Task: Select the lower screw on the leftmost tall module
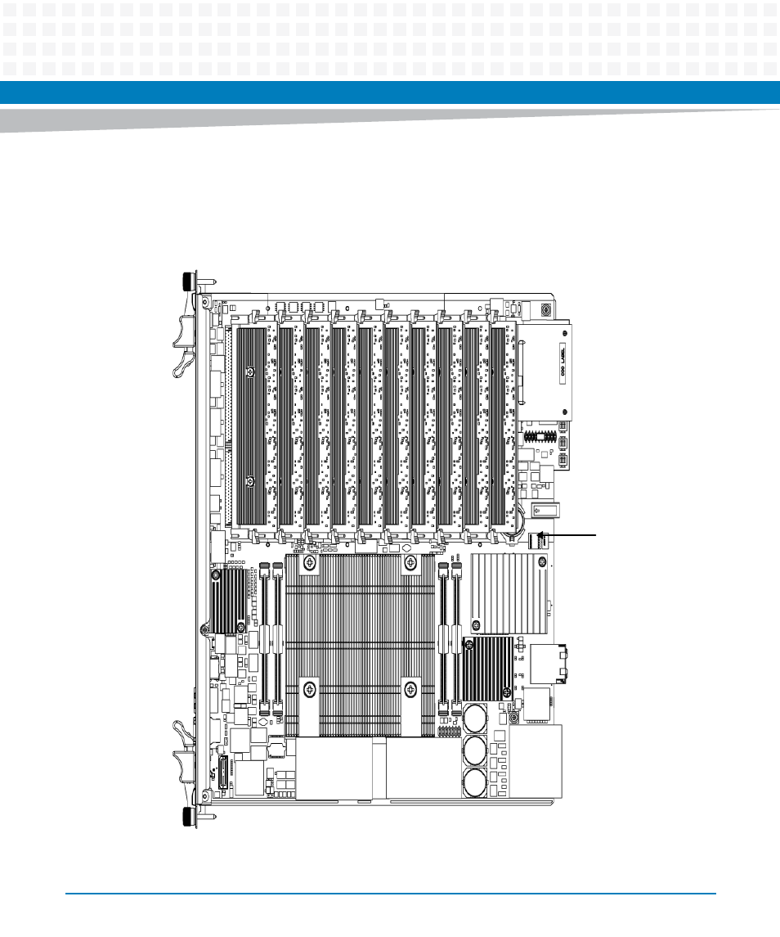click(251, 480)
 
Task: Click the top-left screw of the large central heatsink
click(308, 563)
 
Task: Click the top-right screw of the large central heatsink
click(409, 563)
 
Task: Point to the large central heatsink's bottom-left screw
click(308, 690)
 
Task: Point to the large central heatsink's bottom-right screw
click(409, 690)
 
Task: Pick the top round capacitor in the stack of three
click(477, 719)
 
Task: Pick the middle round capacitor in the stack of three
click(477, 749)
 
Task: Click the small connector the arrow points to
click(538, 541)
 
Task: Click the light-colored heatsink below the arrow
click(508, 594)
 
